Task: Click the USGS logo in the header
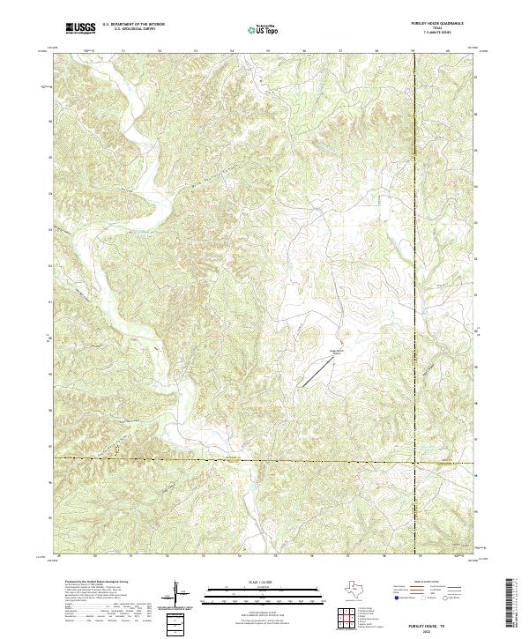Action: coord(81,29)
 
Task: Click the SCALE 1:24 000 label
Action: coord(264,582)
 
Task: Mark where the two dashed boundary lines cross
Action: coord(414,460)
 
